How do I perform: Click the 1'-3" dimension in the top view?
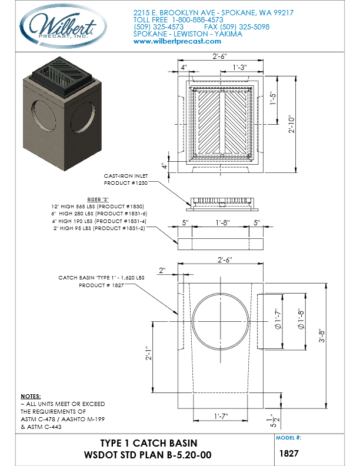pyautogui.click(x=239, y=67)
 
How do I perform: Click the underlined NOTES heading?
pyautogui.click(x=31, y=397)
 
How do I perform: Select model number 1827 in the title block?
pyautogui.click(x=292, y=454)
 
